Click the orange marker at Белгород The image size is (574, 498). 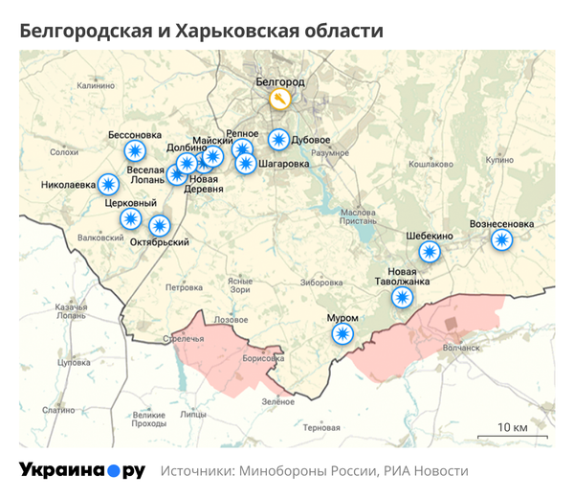279,100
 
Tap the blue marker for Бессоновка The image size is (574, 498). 136,150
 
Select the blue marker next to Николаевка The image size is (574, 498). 110,184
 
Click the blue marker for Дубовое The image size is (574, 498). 278,140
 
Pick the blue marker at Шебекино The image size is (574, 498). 430,253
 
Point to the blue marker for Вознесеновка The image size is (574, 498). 501,239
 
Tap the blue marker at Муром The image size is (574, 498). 342,333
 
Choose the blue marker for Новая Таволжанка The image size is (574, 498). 402,298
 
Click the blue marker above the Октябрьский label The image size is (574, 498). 159,226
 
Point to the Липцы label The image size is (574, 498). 193,415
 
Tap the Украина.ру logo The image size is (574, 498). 82,470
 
